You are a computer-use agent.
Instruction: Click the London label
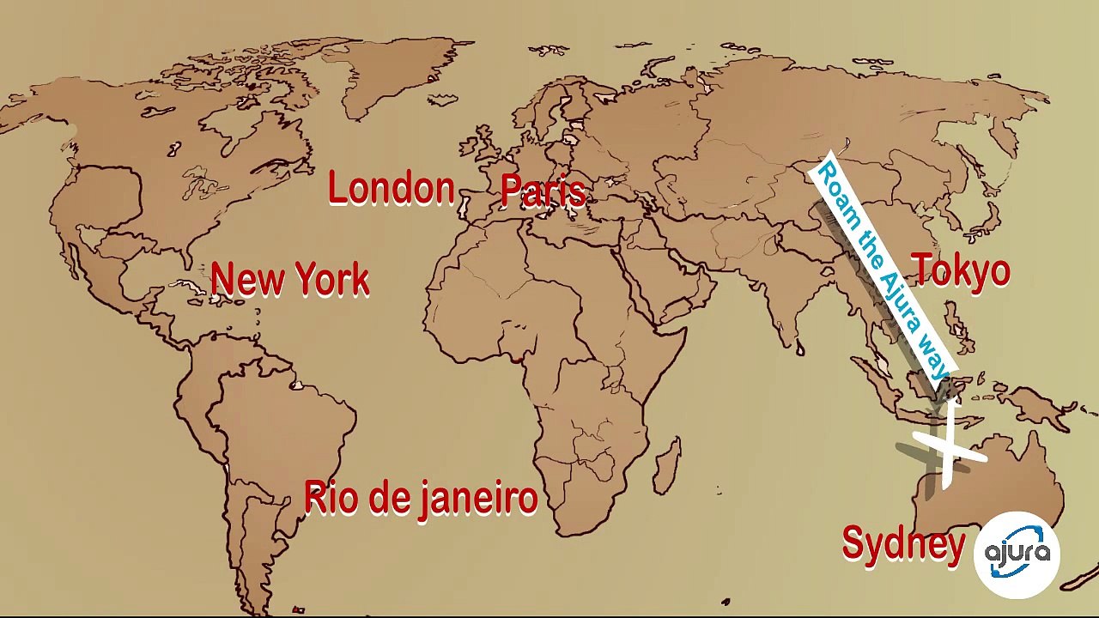coord(392,189)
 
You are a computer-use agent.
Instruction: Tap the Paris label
coord(543,191)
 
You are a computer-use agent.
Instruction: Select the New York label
coord(289,280)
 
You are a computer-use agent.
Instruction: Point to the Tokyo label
coord(961,270)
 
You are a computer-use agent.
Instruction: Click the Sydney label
coord(903,544)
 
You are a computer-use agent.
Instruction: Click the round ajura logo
coord(1017,554)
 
